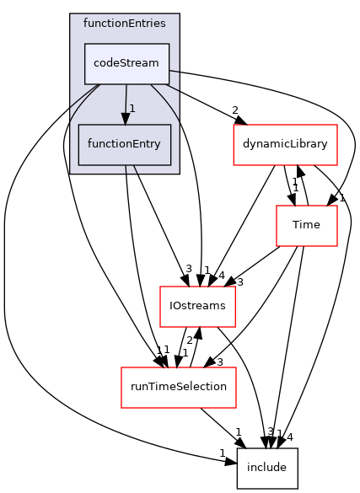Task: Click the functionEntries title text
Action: (124, 23)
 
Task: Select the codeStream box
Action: (126, 63)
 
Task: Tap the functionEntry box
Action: (125, 144)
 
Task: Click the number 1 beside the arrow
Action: (132, 109)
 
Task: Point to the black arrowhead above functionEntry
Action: (126, 119)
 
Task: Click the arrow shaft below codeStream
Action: (126, 97)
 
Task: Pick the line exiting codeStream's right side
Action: (174, 71)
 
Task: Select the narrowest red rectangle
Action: (307, 226)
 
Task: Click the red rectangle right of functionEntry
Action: (285, 145)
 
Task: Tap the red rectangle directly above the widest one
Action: (197, 307)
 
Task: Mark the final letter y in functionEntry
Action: (158, 145)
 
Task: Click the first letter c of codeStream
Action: (96, 64)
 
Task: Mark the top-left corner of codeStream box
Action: (84, 44)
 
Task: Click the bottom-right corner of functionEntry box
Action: (171, 164)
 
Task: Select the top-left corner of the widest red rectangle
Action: (121, 367)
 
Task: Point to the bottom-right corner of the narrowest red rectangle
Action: (337, 246)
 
